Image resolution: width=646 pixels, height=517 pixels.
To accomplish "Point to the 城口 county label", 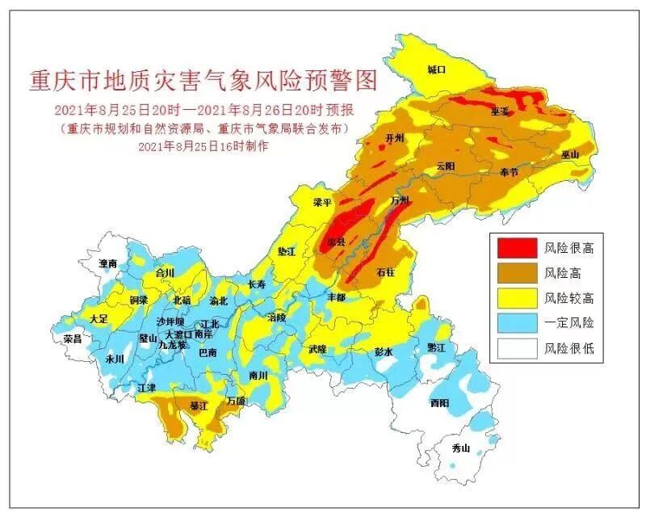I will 436,70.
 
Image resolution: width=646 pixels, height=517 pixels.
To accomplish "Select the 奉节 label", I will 509,172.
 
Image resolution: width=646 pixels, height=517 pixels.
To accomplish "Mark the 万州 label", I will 399,200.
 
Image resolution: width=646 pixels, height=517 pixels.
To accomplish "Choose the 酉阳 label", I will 439,402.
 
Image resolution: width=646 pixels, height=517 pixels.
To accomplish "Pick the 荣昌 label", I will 72,339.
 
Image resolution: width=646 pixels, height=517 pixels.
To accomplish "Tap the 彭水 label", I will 383,352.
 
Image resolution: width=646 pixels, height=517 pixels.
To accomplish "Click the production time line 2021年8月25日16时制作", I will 203,146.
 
